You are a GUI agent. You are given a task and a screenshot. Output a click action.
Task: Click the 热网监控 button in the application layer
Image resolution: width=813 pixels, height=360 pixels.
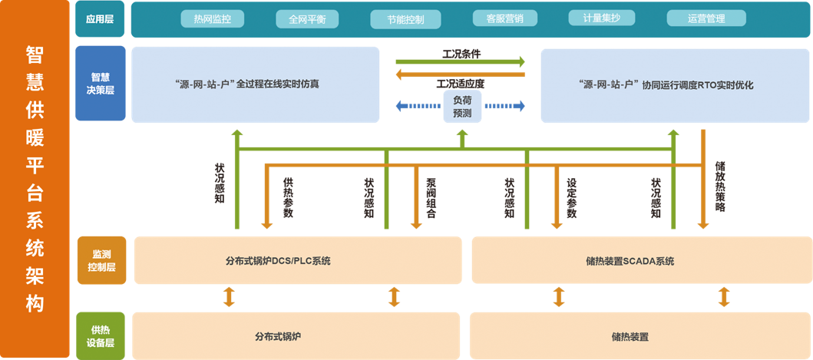click(x=212, y=18)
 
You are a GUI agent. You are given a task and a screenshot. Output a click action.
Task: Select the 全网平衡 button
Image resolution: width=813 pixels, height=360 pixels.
click(x=307, y=18)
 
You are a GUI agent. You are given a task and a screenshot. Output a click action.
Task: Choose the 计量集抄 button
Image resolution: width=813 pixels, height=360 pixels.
click(x=601, y=18)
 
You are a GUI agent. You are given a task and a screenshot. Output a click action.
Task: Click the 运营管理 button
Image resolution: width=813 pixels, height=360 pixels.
click(x=706, y=18)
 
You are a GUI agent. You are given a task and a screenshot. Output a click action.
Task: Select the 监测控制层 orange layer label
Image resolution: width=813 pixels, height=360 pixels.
click(x=101, y=260)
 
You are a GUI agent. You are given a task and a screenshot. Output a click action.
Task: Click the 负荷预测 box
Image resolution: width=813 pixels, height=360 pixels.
click(x=462, y=107)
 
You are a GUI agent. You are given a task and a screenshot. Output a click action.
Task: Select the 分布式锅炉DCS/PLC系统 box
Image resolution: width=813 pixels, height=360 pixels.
click(x=298, y=260)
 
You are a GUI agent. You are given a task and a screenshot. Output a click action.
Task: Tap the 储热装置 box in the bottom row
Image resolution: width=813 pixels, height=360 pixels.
click(x=630, y=336)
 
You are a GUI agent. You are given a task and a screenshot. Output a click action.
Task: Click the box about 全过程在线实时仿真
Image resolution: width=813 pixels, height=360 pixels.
click(x=256, y=84)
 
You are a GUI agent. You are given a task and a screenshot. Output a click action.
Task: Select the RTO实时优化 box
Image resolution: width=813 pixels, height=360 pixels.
click(x=666, y=84)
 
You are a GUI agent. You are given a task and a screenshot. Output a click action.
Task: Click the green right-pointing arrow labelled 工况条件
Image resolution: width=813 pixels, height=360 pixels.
click(x=461, y=61)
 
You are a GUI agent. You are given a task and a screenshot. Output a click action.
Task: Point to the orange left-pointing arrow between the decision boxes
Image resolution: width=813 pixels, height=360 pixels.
click(x=461, y=74)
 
